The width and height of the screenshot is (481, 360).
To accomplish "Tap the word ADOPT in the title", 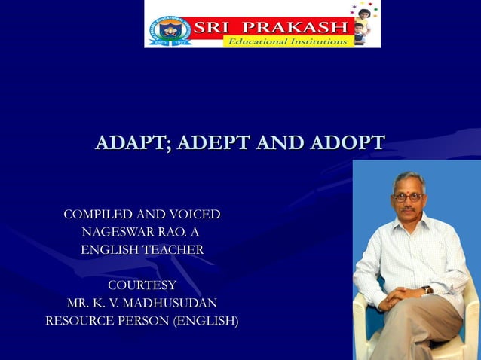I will tap(344, 143).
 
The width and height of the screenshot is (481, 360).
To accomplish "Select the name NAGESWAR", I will tap(122, 232).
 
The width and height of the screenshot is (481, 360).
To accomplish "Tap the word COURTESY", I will tap(142, 285).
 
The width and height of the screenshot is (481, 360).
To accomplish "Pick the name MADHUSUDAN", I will tap(175, 304).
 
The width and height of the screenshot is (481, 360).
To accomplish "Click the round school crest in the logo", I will tap(170, 30).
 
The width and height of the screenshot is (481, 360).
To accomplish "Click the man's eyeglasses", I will tap(408, 197).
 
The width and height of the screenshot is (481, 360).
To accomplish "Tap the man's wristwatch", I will tap(427, 290).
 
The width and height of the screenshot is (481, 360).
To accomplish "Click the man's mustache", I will tap(408, 209).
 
